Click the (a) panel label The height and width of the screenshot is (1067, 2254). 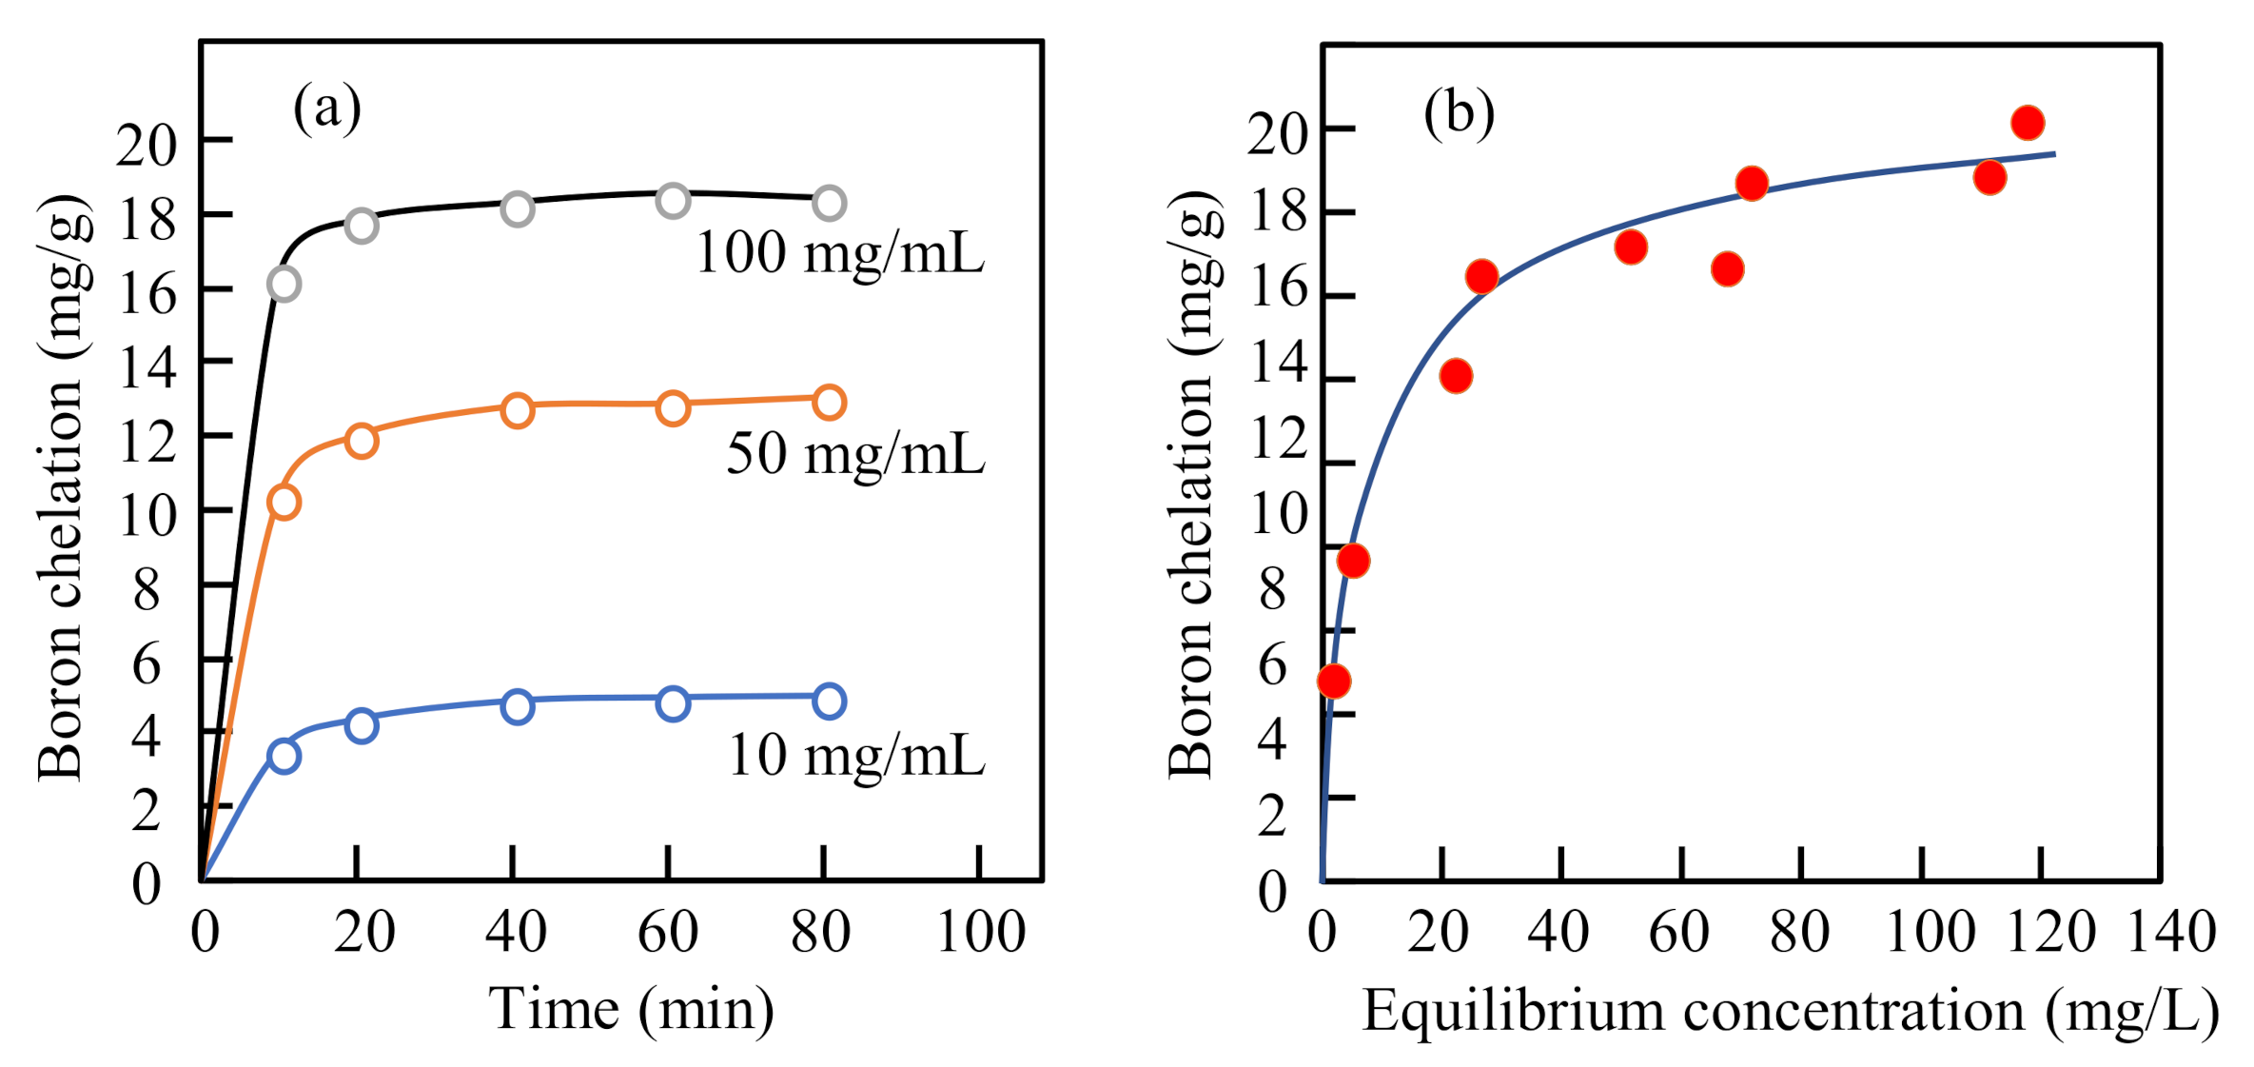click(x=326, y=108)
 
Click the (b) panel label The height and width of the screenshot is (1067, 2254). click(x=1459, y=113)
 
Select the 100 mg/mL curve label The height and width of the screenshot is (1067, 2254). click(x=840, y=254)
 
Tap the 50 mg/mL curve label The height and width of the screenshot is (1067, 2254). click(x=855, y=453)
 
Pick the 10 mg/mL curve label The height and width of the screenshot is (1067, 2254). click(x=856, y=756)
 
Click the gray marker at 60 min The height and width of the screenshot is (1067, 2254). click(x=673, y=201)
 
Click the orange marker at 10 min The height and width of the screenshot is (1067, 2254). click(x=284, y=502)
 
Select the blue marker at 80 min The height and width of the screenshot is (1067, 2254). click(x=829, y=701)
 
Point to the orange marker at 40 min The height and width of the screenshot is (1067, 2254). click(x=517, y=410)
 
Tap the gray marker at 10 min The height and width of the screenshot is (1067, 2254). click(x=284, y=284)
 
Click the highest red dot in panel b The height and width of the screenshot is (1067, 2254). click(x=2028, y=123)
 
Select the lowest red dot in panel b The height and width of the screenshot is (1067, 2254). click(x=1333, y=682)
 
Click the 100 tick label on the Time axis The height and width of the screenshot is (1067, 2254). click(x=980, y=932)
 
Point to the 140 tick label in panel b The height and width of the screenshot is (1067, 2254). click(x=2171, y=932)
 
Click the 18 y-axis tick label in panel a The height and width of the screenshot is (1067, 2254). click(x=146, y=220)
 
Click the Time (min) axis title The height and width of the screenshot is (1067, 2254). click(x=631, y=1010)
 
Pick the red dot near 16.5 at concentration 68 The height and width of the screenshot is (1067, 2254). click(x=1727, y=269)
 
